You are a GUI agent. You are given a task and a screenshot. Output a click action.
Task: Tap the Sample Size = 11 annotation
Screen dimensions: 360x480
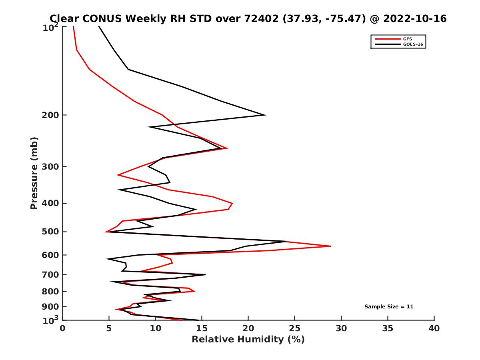click(x=388, y=307)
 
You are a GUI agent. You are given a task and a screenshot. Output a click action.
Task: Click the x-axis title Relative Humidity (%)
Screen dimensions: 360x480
click(x=248, y=340)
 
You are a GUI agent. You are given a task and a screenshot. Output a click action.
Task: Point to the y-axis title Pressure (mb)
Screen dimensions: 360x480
click(x=34, y=173)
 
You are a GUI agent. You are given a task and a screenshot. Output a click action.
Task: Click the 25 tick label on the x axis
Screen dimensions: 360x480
click(x=295, y=329)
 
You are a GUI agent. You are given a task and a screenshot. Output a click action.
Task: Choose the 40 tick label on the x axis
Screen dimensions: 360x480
click(x=434, y=329)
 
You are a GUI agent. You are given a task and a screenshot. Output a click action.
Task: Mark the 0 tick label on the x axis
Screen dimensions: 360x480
click(x=63, y=329)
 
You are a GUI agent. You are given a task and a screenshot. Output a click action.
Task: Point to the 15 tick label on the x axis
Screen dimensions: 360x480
click(x=202, y=329)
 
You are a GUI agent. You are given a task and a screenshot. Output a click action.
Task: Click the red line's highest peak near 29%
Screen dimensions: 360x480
click(x=330, y=246)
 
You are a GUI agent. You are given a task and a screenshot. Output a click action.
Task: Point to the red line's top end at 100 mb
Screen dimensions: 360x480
click(x=73, y=27)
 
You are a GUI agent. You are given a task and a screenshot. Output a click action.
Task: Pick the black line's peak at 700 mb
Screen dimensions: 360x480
click(x=205, y=274)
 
